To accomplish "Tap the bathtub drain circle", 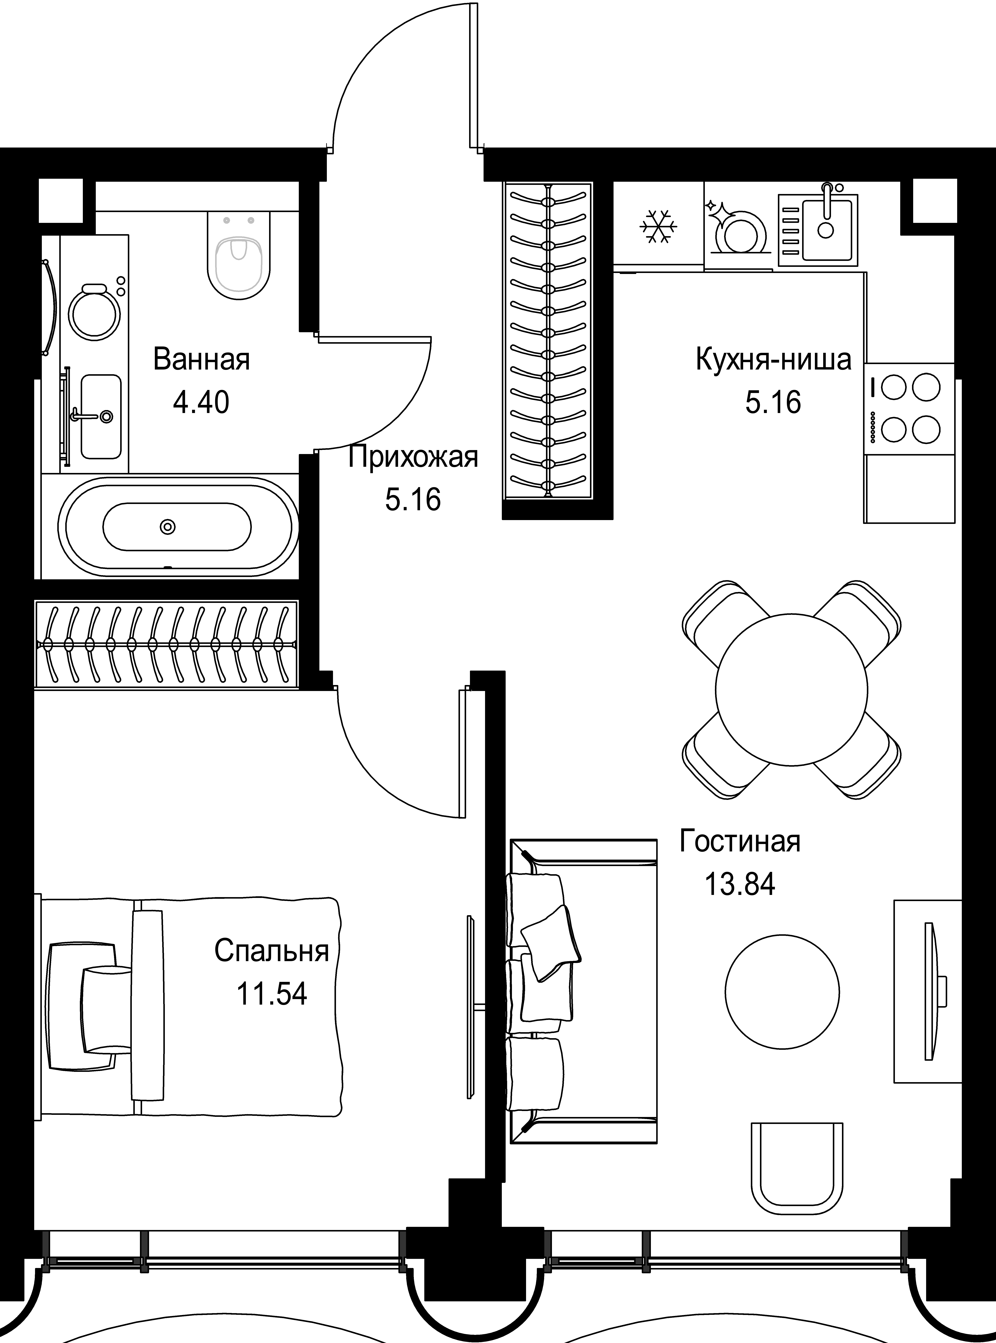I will click(x=168, y=527).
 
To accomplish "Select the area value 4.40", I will click(x=201, y=402).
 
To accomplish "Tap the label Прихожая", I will click(x=413, y=457).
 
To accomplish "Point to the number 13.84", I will click(x=740, y=884).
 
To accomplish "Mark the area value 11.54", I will click(x=271, y=993).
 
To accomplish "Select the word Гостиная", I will click(x=740, y=842).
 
